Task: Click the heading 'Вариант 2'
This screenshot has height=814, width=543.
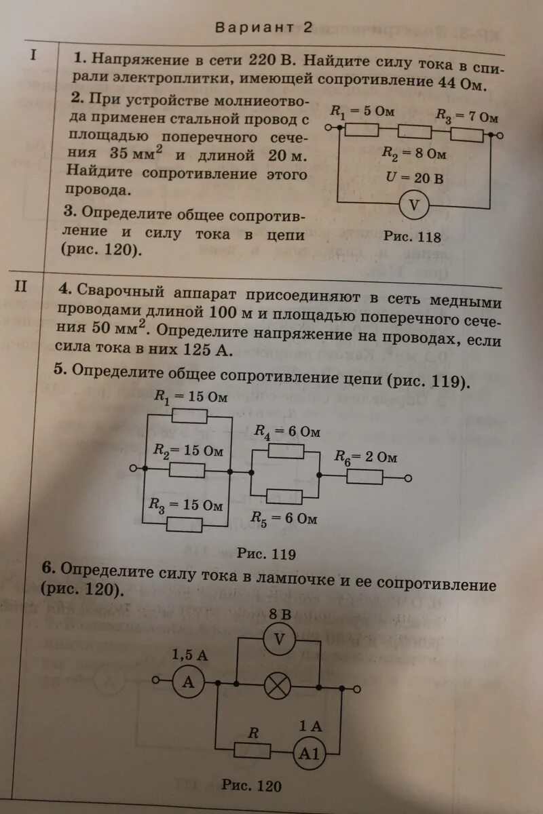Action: pyautogui.click(x=265, y=28)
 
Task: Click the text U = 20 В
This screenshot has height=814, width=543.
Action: pyautogui.click(x=412, y=179)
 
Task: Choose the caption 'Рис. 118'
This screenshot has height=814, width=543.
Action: pyautogui.click(x=412, y=237)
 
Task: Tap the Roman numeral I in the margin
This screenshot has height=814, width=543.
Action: pyautogui.click(x=32, y=55)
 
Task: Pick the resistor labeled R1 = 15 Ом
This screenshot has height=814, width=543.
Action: pyautogui.click(x=189, y=415)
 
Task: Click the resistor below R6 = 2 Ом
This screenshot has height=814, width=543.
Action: pyautogui.click(x=364, y=477)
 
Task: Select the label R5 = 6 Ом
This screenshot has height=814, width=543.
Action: pyautogui.click(x=284, y=519)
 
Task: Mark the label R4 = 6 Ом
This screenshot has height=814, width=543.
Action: pyautogui.click(x=287, y=432)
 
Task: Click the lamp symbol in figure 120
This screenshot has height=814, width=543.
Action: pyautogui.click(x=276, y=686)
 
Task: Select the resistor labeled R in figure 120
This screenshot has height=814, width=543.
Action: pyautogui.click(x=252, y=750)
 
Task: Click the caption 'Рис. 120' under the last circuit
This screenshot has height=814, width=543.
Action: pyautogui.click(x=251, y=786)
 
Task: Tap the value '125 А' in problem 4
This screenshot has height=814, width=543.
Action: pyautogui.click(x=208, y=350)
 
